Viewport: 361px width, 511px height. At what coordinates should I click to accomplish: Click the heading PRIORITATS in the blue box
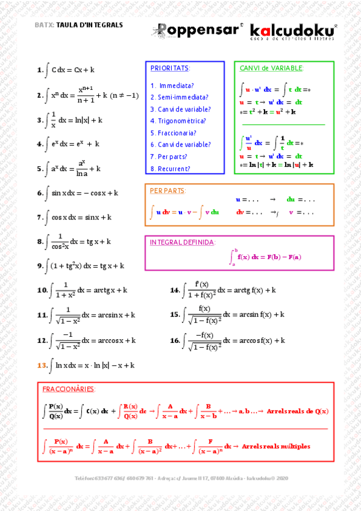coord(170,69)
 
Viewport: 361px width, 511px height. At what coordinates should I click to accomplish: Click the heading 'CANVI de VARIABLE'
coord(271,68)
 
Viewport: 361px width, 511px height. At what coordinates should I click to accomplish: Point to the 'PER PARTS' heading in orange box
coord(167,190)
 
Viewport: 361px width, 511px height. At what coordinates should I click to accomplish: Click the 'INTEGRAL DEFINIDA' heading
coord(181,242)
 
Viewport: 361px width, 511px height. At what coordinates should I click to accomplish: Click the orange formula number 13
coord(42,365)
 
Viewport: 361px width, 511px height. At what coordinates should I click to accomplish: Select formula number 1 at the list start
coord(39,71)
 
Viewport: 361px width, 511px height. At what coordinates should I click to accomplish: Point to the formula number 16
coord(175,341)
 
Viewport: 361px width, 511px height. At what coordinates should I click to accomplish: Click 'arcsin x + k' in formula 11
coord(113,315)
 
